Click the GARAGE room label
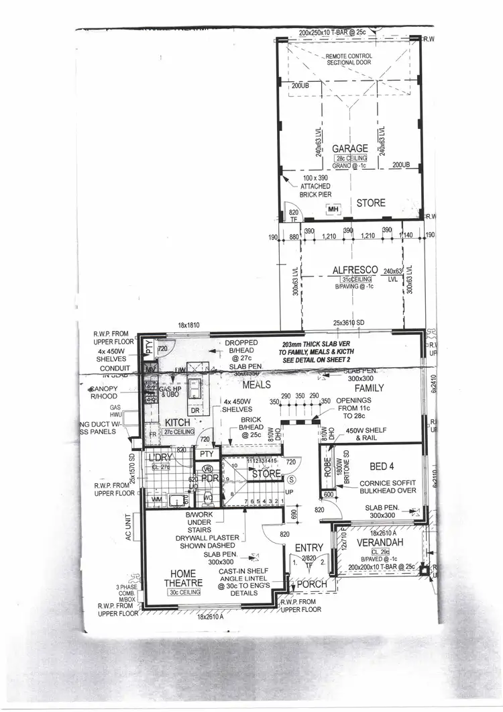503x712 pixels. pyautogui.click(x=351, y=148)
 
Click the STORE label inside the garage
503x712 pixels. pyautogui.click(x=370, y=203)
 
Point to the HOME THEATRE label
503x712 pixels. pyautogui.click(x=178, y=578)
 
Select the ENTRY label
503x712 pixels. pyautogui.click(x=309, y=548)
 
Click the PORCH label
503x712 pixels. pyautogui.click(x=312, y=584)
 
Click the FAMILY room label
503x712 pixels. pyautogui.click(x=369, y=388)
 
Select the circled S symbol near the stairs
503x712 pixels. pyautogui.click(x=290, y=480)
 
